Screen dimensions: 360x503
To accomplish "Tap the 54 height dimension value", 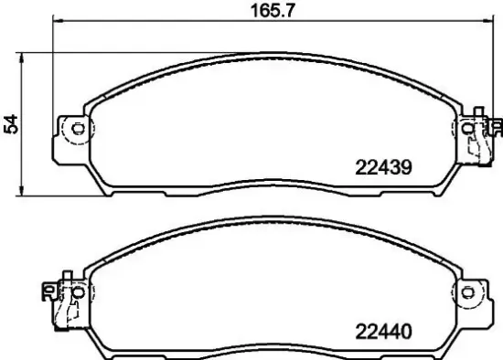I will [x=10, y=124].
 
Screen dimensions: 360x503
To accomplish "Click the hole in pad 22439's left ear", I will [x=77, y=129].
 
